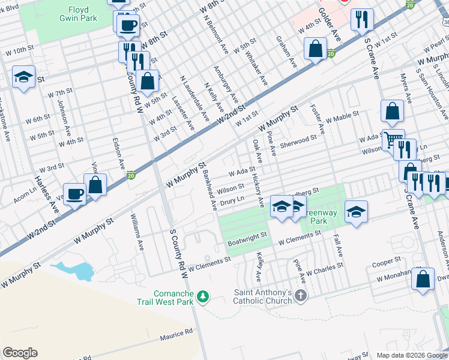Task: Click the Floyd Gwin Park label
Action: [74, 14]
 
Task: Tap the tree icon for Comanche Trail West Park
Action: [203, 296]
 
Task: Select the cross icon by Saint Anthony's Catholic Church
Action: [301, 296]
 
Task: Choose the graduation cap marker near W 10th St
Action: [23, 77]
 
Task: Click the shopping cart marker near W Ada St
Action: [393, 140]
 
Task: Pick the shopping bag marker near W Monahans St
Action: [423, 280]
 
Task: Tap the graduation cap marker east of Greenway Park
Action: [356, 212]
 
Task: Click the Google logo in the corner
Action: [20, 353]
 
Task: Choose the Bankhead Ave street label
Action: [209, 190]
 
